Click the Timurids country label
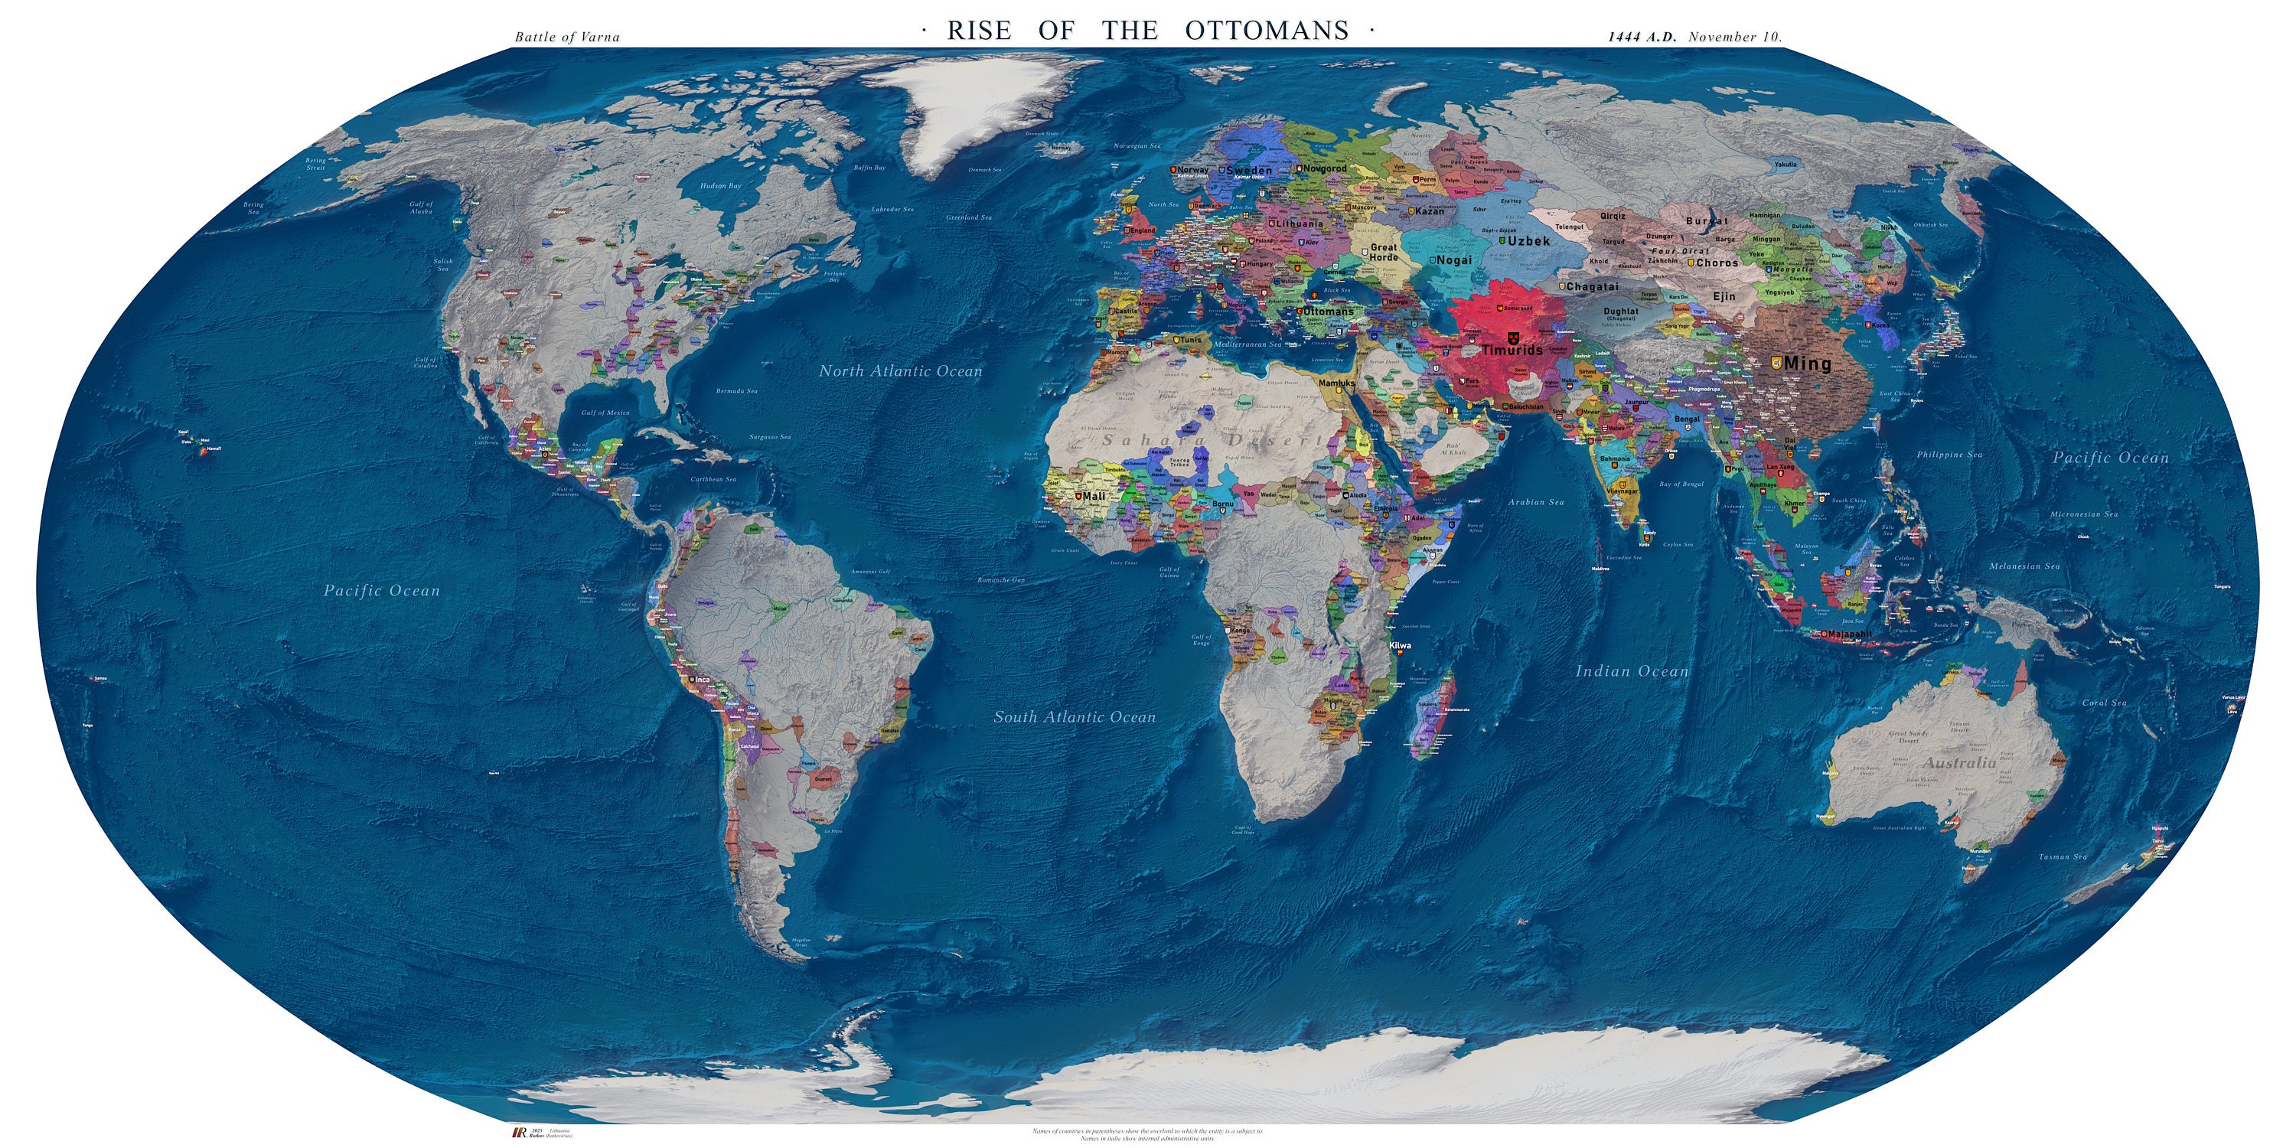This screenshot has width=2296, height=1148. (x=1512, y=351)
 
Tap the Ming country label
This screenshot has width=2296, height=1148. (x=1807, y=364)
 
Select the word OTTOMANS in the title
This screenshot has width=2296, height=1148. (x=1267, y=31)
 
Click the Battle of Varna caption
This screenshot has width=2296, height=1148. (x=567, y=38)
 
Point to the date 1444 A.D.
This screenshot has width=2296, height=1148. (x=1642, y=38)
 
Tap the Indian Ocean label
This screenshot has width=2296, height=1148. (x=1631, y=672)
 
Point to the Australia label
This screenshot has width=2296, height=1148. (x=1959, y=764)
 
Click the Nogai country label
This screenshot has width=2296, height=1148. (x=1453, y=260)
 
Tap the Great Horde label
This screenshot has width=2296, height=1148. (x=1383, y=253)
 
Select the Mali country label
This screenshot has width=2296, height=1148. (x=1093, y=497)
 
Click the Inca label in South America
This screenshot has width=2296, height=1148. (x=703, y=680)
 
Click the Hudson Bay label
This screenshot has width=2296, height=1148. (x=720, y=186)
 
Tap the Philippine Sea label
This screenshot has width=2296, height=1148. (x=1949, y=455)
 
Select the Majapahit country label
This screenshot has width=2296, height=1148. (x=1848, y=634)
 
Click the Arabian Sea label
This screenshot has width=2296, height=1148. (x=1536, y=503)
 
